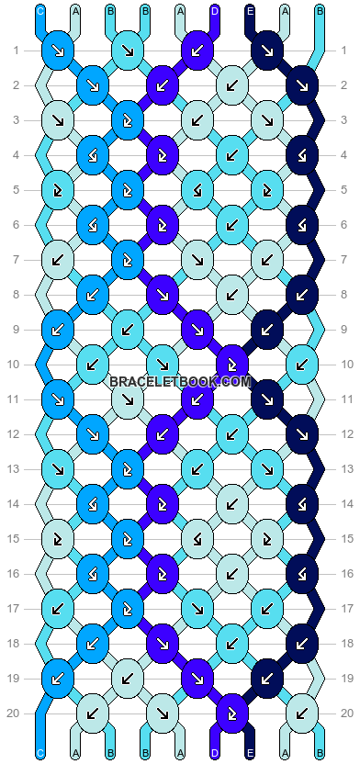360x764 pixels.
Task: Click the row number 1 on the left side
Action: tap(16, 50)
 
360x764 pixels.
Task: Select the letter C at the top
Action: tap(39, 11)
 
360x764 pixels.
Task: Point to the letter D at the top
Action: tap(215, 11)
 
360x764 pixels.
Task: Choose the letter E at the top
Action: tap(250, 11)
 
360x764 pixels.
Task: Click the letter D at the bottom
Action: tap(215, 753)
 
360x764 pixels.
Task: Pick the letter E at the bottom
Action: tap(250, 753)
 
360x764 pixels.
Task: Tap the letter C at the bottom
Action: tap(39, 753)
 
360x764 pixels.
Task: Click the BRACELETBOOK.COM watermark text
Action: tap(180, 381)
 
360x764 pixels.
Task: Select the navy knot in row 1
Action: tap(267, 51)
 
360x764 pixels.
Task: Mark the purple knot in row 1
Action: tap(197, 51)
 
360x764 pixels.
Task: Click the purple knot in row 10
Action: tap(232, 364)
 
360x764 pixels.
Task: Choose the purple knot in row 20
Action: tap(232, 713)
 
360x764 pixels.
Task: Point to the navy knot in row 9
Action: tap(267, 329)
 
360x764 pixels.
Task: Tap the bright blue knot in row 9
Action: tap(58, 329)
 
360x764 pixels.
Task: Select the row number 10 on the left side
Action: tap(16, 364)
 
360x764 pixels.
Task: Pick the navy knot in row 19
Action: tap(267, 678)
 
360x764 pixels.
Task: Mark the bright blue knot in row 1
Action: tap(58, 51)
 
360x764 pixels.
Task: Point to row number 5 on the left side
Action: tap(16, 189)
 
